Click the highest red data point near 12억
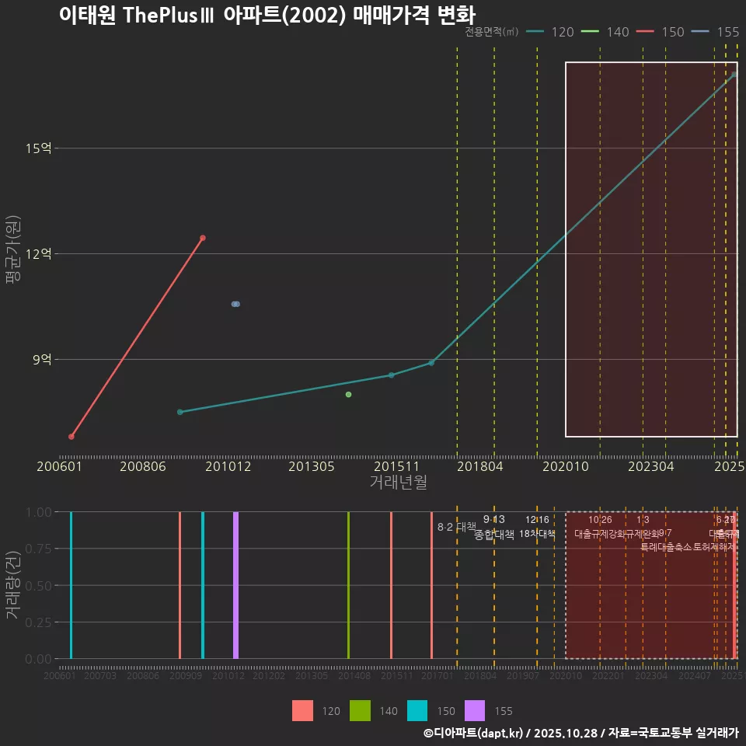point(203,238)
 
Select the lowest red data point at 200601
point(71,437)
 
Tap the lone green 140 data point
point(348,395)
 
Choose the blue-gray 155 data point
point(235,304)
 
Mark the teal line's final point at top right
point(734,75)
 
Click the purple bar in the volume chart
point(235,584)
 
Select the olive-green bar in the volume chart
point(348,584)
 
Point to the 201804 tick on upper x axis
point(479,466)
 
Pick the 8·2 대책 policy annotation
point(456,527)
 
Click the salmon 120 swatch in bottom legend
point(302,710)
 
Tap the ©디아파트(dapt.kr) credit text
point(474,733)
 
